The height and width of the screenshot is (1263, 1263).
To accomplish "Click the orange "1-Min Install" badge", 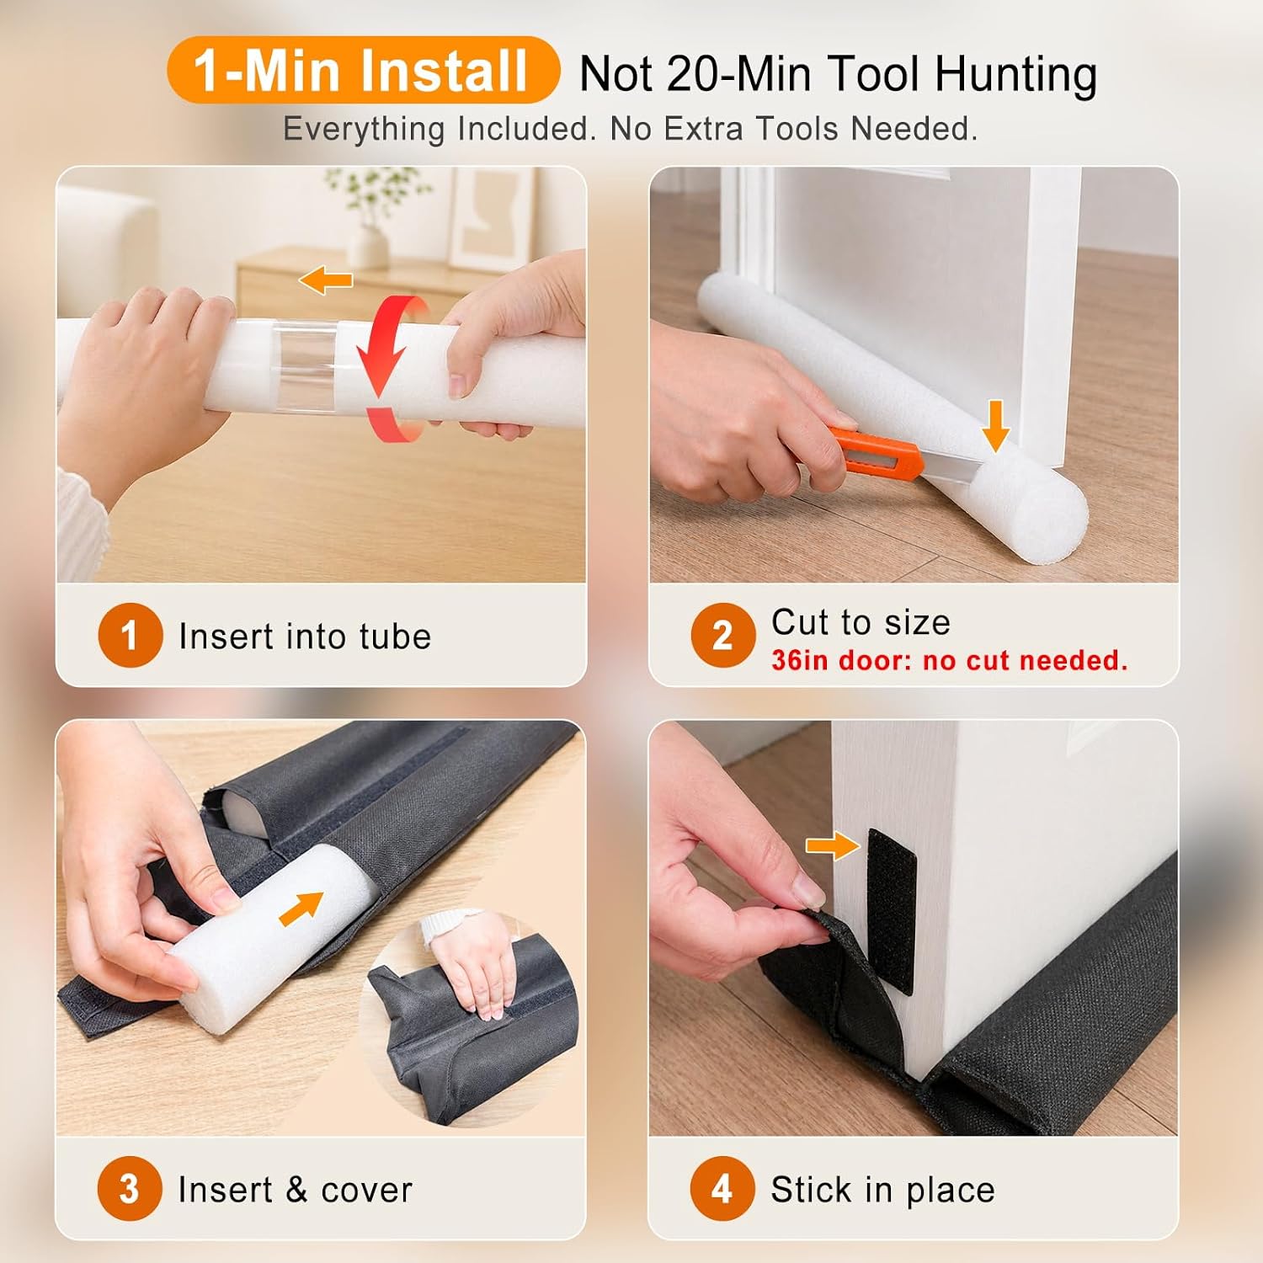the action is click(x=363, y=70).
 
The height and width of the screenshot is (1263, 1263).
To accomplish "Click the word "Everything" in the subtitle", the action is click(x=364, y=130).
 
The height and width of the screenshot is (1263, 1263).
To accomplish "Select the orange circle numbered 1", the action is click(x=130, y=636).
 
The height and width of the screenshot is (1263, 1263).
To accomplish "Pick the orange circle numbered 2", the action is click(x=722, y=636).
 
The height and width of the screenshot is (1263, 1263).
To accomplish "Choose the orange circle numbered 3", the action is click(x=130, y=1189).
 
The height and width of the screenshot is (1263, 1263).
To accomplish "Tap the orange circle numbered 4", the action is click(x=722, y=1189).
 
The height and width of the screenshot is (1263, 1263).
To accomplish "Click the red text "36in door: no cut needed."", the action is click(x=949, y=660).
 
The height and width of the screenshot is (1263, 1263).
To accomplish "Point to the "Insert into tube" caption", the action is click(x=305, y=637).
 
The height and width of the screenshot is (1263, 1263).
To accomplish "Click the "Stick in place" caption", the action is click(x=882, y=1190).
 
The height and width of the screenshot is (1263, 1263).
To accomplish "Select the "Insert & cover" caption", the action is click(x=296, y=1190).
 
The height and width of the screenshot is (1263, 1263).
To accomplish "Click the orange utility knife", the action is click(x=876, y=454).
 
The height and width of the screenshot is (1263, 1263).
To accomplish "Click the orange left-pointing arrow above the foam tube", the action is click(x=326, y=280).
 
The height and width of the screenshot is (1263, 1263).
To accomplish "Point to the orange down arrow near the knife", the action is click(x=995, y=425).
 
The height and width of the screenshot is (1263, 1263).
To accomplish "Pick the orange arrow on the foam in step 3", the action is click(x=301, y=909).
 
